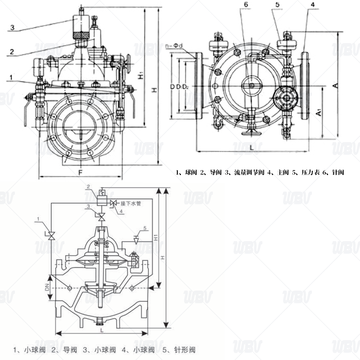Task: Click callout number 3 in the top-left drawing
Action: click(x=13, y=27)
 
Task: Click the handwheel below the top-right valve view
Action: click(x=250, y=130)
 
